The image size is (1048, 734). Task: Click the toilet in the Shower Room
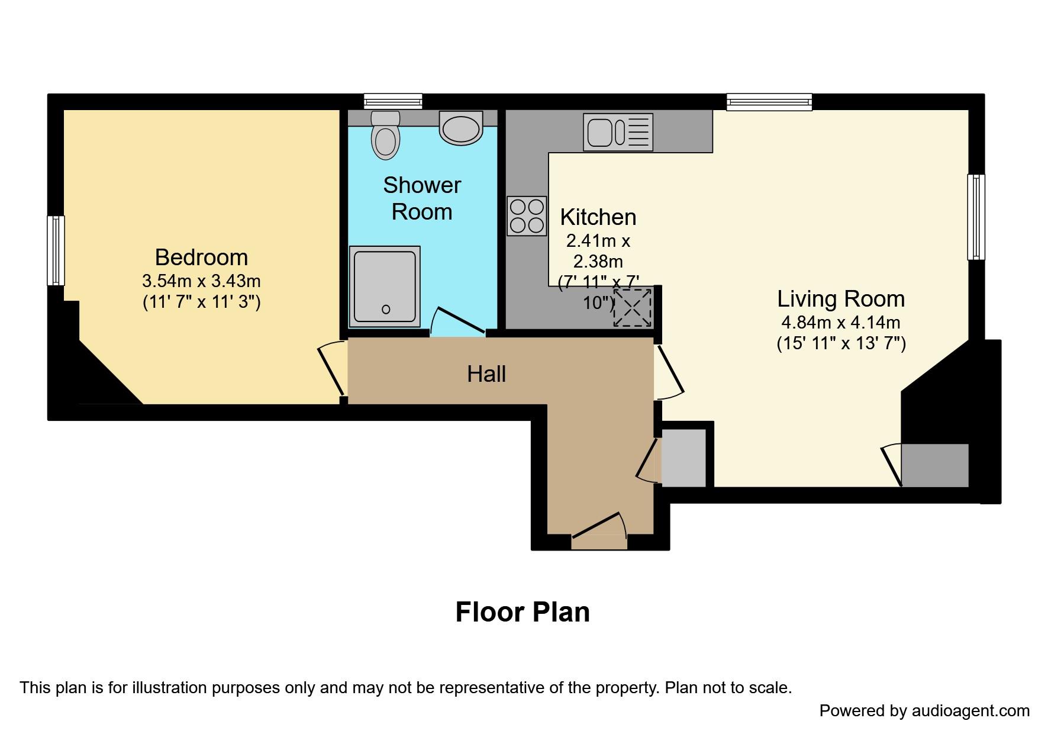coord(385,136)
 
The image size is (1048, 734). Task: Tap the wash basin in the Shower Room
coord(461,128)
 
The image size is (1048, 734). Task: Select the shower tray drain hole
coord(386,309)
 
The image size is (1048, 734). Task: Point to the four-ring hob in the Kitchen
coord(527,216)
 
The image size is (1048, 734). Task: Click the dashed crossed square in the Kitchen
coord(633,307)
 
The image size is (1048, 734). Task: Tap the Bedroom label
coord(201,257)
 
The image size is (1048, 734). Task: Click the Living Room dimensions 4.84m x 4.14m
coord(840,323)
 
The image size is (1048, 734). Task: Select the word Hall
coord(486,374)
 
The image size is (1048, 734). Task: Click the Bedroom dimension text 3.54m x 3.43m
coord(201,280)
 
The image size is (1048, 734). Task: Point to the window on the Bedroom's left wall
coord(56,250)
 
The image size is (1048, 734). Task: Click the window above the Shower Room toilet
coord(393,101)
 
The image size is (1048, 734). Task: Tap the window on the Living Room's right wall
coord(976,217)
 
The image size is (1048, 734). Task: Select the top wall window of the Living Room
coord(769,102)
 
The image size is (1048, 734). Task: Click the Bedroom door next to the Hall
coord(332,369)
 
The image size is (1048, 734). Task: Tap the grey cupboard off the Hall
coord(683,458)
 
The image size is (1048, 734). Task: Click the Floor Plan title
coord(522,612)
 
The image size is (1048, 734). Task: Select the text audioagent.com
coord(970,710)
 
